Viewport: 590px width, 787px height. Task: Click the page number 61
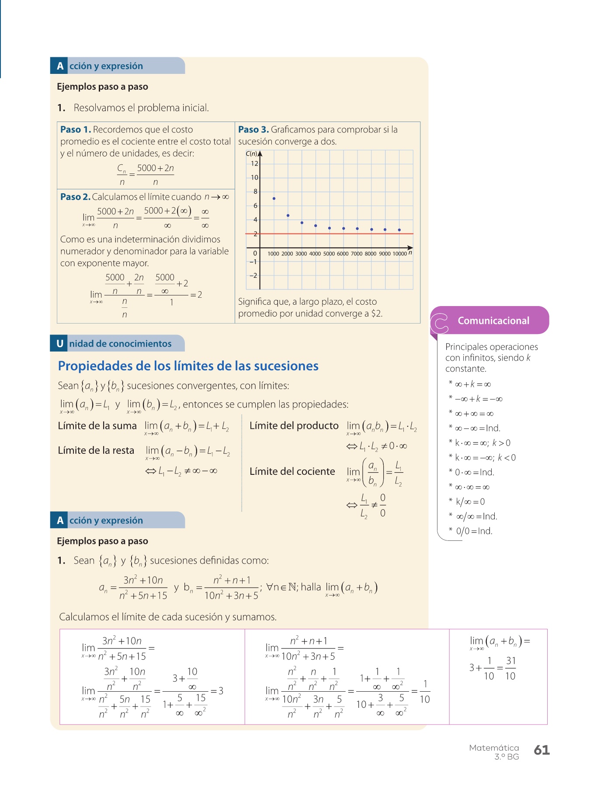pyautogui.click(x=541, y=750)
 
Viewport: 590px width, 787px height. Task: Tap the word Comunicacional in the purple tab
pyautogui.click(x=493, y=320)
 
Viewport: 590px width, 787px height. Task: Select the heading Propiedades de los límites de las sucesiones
pyautogui.click(x=188, y=366)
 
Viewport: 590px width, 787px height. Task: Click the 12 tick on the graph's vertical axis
pyautogui.click(x=254, y=164)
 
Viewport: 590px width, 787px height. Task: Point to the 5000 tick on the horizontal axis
pyautogui.click(x=329, y=254)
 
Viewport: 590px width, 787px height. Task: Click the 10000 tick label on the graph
pyautogui.click(x=399, y=254)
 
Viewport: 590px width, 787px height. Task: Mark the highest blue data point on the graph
pyautogui.click(x=274, y=198)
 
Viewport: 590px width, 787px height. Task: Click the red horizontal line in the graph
pyautogui.click(x=332, y=234)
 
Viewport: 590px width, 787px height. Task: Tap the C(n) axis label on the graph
pyautogui.click(x=251, y=153)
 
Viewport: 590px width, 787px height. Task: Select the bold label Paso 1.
pyautogui.click(x=76, y=129)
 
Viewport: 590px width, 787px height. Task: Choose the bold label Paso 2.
pyautogui.click(x=75, y=197)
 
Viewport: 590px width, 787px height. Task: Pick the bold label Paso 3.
pyautogui.click(x=253, y=129)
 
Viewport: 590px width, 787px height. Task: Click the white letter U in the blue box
pyautogui.click(x=60, y=344)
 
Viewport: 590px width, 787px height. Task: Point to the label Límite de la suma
pyautogui.click(x=97, y=426)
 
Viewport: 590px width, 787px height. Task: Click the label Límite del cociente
pyautogui.click(x=292, y=471)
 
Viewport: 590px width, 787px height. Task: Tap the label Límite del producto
pyautogui.click(x=294, y=426)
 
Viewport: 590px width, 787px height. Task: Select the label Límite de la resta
pyautogui.click(x=96, y=450)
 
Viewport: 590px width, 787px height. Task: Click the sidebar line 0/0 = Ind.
pyautogui.click(x=474, y=531)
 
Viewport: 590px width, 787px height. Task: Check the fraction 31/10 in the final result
pyautogui.click(x=510, y=669)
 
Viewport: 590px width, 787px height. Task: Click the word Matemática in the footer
pyautogui.click(x=494, y=748)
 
